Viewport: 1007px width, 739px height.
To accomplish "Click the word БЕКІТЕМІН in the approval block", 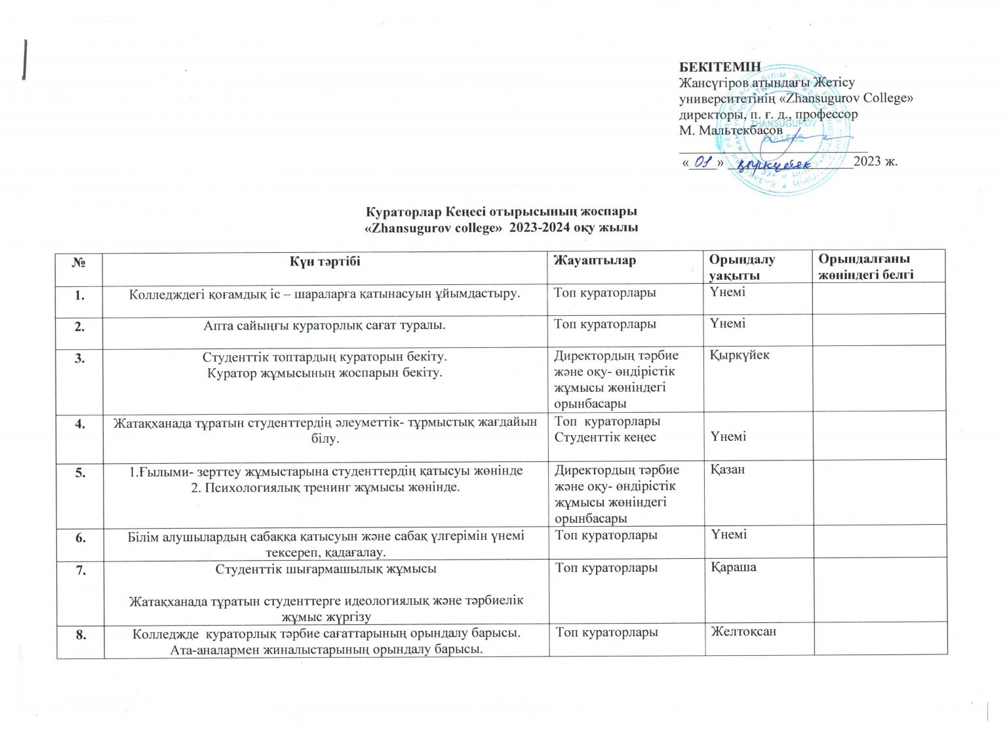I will coord(720,67).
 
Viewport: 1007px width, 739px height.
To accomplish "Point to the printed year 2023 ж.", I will coord(876,161).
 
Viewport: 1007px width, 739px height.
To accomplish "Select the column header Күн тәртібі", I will coord(325,261).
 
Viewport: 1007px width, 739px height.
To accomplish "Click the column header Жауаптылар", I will coord(595,261).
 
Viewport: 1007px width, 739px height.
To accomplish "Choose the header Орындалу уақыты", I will coord(741,267).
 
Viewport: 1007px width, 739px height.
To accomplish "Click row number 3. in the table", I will coord(79,358).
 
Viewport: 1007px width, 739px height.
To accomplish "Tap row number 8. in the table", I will coord(80,634).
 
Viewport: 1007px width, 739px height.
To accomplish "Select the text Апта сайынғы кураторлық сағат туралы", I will coord(325,324).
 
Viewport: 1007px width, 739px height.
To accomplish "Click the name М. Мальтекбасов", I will coord(730,130).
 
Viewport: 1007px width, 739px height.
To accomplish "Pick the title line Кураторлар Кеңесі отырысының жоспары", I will coord(502,212).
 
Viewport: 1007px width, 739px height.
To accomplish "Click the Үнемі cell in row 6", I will coord(728,535).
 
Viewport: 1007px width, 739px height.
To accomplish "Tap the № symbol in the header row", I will coord(80,261).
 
